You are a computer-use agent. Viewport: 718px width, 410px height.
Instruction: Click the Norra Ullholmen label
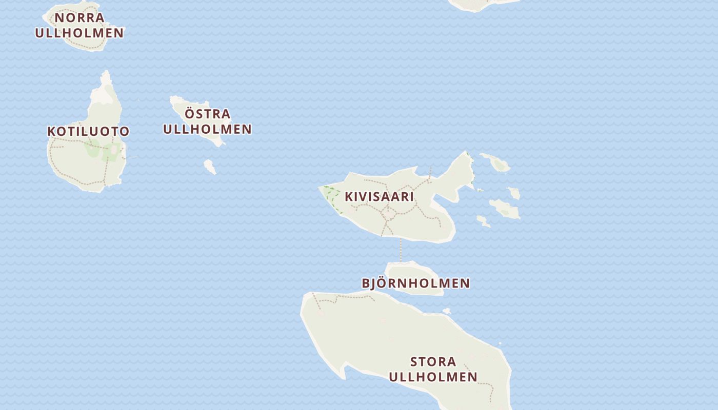tap(79, 25)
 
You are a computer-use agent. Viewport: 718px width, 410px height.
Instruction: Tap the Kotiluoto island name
tap(88, 131)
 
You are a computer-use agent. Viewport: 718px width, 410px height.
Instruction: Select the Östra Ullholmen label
tap(207, 121)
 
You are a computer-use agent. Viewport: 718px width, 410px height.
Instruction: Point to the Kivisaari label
tap(379, 196)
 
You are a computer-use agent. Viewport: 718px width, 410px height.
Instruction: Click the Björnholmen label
tap(415, 283)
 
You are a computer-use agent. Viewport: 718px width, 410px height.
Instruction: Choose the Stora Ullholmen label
tap(433, 369)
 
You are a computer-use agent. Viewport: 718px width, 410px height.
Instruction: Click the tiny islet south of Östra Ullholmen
tap(209, 166)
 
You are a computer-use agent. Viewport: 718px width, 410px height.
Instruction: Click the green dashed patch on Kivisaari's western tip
tap(331, 197)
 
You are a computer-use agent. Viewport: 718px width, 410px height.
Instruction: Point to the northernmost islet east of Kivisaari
tap(496, 162)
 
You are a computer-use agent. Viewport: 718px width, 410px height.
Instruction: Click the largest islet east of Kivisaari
tap(504, 209)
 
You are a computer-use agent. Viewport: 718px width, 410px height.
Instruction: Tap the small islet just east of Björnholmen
tap(447, 311)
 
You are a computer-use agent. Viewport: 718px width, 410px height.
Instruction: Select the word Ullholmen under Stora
tap(433, 377)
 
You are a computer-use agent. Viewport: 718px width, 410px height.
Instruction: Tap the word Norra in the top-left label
tap(79, 17)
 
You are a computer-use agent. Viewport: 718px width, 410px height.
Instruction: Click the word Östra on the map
tap(207, 114)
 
